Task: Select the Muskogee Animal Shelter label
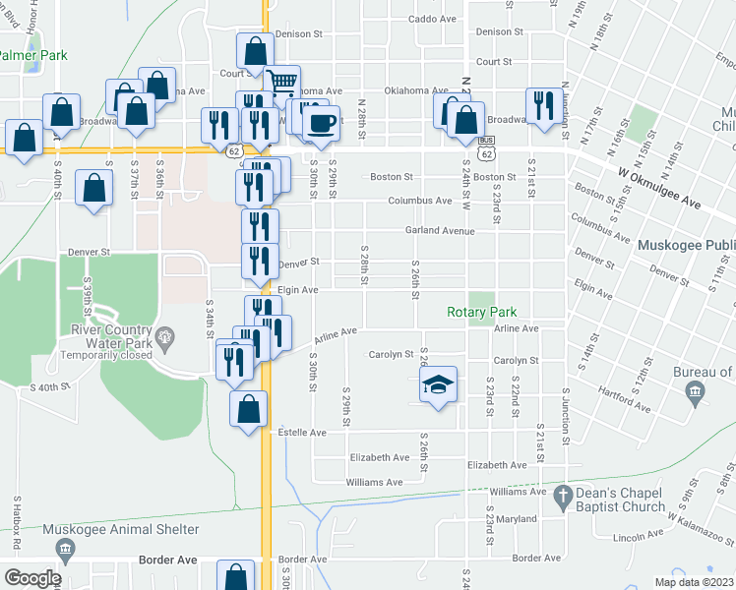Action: point(122,530)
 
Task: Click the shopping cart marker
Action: point(281,83)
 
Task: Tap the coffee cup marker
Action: point(321,123)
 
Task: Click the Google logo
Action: point(31,578)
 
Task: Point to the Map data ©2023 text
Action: point(694,582)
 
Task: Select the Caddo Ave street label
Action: point(433,19)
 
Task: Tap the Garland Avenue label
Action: point(440,231)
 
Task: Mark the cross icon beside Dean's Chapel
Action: point(562,494)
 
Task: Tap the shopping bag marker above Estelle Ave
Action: point(249,407)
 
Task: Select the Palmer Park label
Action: point(33,56)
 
